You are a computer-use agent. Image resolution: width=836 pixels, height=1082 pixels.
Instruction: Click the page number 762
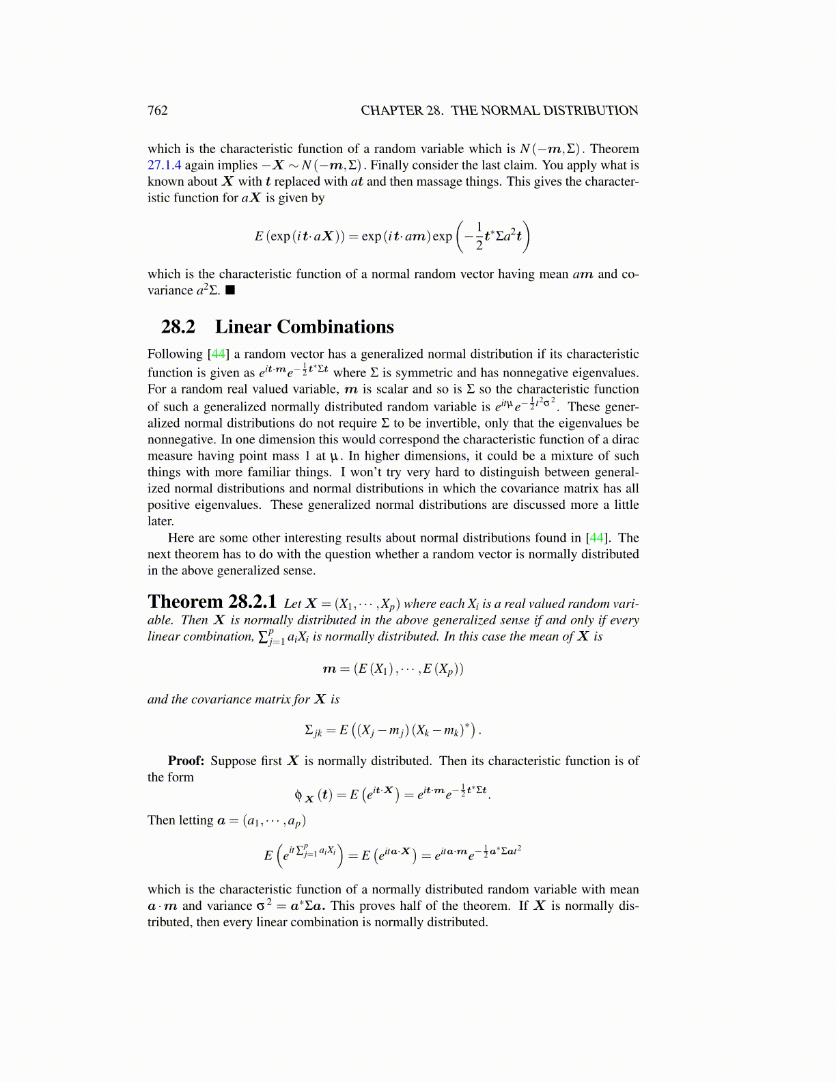[x=157, y=111]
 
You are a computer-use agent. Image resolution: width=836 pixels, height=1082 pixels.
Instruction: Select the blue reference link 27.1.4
[x=164, y=165]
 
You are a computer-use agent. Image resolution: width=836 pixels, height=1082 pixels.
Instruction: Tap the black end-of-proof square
[x=230, y=290]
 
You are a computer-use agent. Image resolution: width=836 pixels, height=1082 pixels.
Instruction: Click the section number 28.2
[x=178, y=327]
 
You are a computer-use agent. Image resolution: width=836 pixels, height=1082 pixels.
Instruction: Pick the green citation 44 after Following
[x=219, y=354]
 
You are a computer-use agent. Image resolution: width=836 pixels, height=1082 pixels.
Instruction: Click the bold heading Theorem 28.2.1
[x=212, y=602]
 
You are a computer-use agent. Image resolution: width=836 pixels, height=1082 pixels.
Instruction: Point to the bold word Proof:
[x=186, y=761]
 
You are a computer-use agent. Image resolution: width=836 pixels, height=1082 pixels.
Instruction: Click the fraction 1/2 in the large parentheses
[x=479, y=236]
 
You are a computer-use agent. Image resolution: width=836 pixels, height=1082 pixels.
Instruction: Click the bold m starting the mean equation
[x=329, y=669]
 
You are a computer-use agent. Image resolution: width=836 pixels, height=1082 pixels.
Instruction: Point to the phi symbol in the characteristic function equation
[x=298, y=794]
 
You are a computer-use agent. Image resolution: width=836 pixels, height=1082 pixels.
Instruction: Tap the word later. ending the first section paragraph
[x=161, y=521]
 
